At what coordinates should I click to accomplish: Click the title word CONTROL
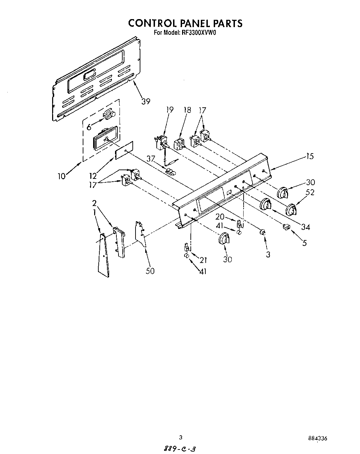click(x=152, y=23)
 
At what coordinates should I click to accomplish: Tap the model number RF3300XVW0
click(x=197, y=33)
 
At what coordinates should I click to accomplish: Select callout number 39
click(x=146, y=101)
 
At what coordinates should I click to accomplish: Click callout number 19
click(x=169, y=110)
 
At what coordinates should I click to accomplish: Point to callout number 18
click(x=187, y=110)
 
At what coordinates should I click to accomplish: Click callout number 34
click(x=305, y=227)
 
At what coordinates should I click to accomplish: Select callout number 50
click(x=150, y=271)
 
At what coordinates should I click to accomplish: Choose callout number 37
click(x=150, y=158)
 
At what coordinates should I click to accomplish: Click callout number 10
click(x=62, y=176)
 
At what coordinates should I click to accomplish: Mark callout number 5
click(x=304, y=243)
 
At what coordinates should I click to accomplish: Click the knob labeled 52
click(x=291, y=210)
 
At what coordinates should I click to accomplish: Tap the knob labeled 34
click(x=265, y=204)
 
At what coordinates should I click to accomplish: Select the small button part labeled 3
click(x=263, y=232)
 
